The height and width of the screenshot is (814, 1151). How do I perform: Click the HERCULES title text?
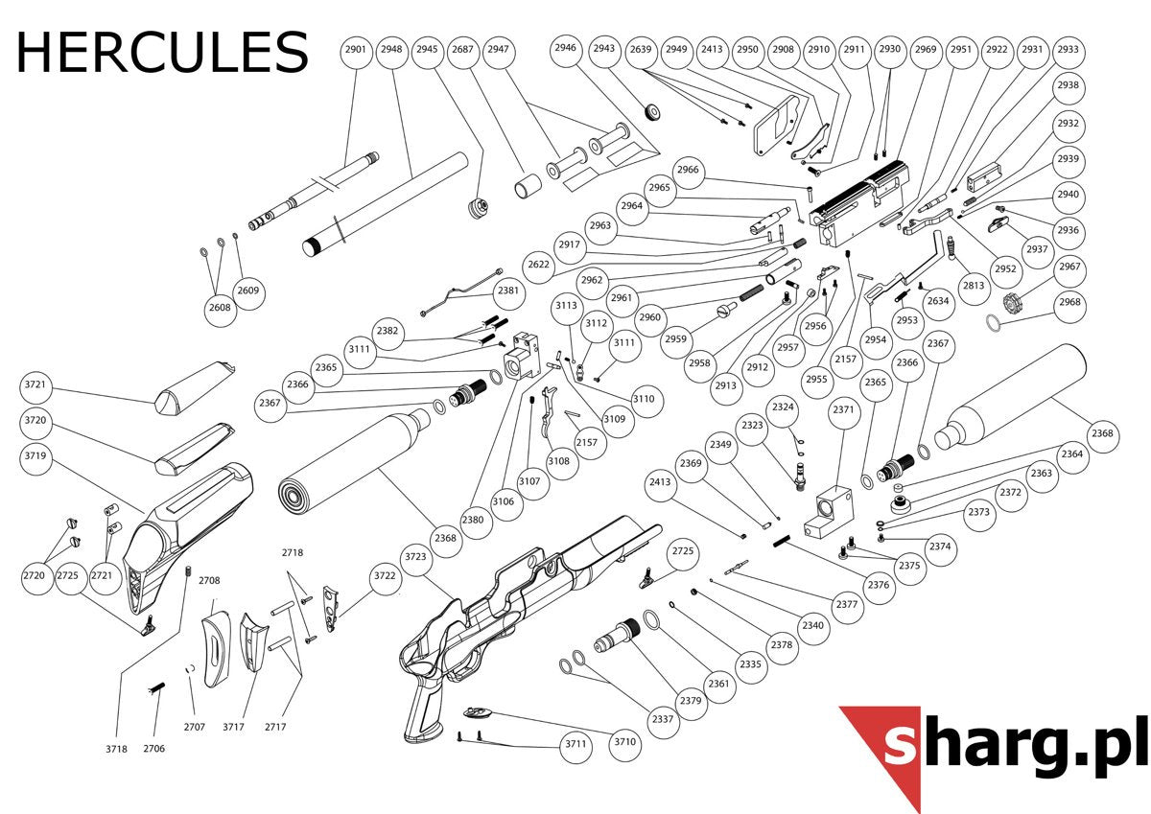162,52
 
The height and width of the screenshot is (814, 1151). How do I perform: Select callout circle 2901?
356,50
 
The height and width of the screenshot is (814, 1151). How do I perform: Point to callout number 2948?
391,50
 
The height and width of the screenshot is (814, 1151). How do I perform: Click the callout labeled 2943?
603,48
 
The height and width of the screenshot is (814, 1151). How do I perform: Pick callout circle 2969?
926,50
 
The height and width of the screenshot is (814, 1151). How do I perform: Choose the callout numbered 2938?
1068,85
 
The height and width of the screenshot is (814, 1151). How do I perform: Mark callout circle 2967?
1069,267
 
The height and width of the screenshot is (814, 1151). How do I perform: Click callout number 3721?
35,384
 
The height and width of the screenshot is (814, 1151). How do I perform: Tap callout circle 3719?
35,456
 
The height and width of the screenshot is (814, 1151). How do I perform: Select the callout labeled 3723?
415,557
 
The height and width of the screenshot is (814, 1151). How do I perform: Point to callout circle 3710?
624,741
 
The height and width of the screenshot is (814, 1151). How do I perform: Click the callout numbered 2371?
843,409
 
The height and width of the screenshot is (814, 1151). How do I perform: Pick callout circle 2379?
690,701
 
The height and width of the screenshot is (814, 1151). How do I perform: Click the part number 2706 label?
154,748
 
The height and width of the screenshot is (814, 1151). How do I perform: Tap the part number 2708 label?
210,580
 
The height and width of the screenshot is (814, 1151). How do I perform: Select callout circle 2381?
507,291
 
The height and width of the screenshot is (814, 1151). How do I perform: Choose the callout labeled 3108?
558,461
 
